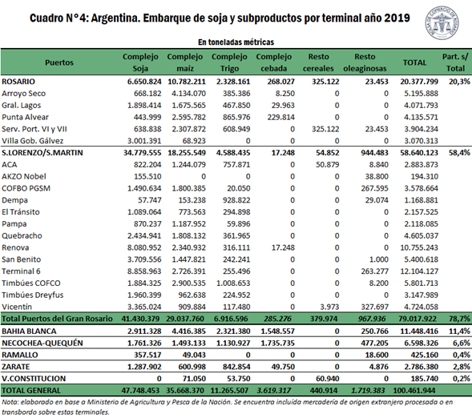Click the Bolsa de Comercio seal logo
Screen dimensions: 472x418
[442, 23]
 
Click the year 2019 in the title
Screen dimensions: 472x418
[397, 18]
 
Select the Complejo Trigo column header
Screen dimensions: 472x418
[229, 62]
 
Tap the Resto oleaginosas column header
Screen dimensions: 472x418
[365, 62]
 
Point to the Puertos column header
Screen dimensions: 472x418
[59, 62]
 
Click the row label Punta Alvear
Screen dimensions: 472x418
[25, 117]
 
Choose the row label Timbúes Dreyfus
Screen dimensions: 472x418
[33, 295]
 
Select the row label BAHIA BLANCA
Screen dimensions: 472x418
[29, 331]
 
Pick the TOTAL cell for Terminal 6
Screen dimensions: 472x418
[419, 271]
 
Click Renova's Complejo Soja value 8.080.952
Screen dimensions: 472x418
[144, 247]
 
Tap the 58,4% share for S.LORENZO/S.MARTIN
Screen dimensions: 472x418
[459, 153]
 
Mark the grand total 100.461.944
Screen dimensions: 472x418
[414, 391]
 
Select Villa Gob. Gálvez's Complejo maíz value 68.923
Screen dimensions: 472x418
[194, 141]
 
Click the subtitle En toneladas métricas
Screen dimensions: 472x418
[236, 42]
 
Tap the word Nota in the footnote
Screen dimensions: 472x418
[9, 402]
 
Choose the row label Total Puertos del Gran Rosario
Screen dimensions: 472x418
[57, 319]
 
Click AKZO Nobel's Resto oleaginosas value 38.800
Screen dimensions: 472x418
[377, 176]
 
